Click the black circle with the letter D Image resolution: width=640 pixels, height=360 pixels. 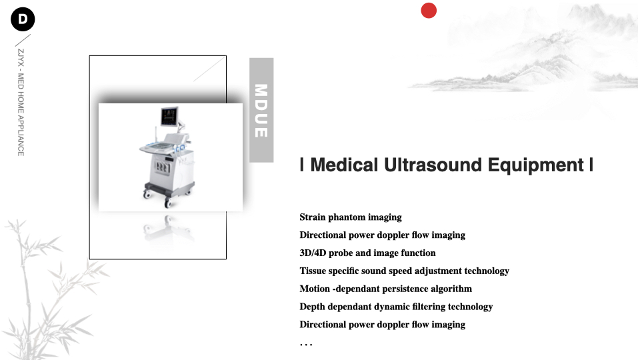(23, 19)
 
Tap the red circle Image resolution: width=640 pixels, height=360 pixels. (429, 11)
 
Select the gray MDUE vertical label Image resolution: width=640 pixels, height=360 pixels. (261, 110)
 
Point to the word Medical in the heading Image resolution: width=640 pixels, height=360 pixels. (344, 165)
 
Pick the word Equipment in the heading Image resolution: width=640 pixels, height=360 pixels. (535, 165)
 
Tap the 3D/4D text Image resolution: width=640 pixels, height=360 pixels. (313, 253)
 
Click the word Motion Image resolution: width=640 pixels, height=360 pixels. (314, 289)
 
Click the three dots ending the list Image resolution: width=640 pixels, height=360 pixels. (306, 345)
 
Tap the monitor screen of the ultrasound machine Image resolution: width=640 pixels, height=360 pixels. (169, 117)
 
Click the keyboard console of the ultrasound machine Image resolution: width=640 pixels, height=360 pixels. (159, 147)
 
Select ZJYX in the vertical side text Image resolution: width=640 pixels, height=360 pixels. (21, 57)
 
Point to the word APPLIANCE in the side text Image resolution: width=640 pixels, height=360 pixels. (21, 136)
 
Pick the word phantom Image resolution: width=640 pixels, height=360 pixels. (347, 217)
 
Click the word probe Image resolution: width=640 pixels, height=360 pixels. (341, 253)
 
